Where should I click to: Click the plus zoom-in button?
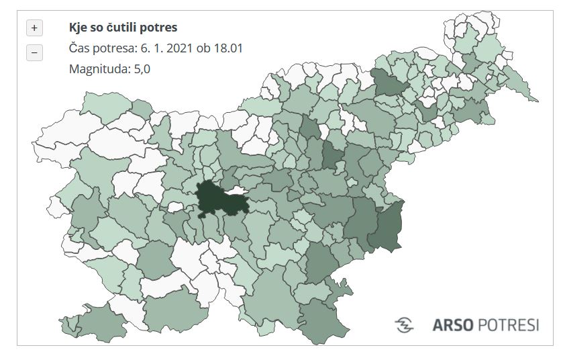[x=34, y=28]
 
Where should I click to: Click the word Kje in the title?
[x=79, y=28]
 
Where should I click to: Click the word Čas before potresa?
[x=81, y=48]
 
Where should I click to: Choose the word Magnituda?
[x=96, y=69]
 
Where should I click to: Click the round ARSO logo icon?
[x=405, y=324]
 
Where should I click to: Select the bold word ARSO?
[x=454, y=325]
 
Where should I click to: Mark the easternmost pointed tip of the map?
[x=537, y=101]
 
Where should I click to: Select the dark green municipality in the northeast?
[x=388, y=84]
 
